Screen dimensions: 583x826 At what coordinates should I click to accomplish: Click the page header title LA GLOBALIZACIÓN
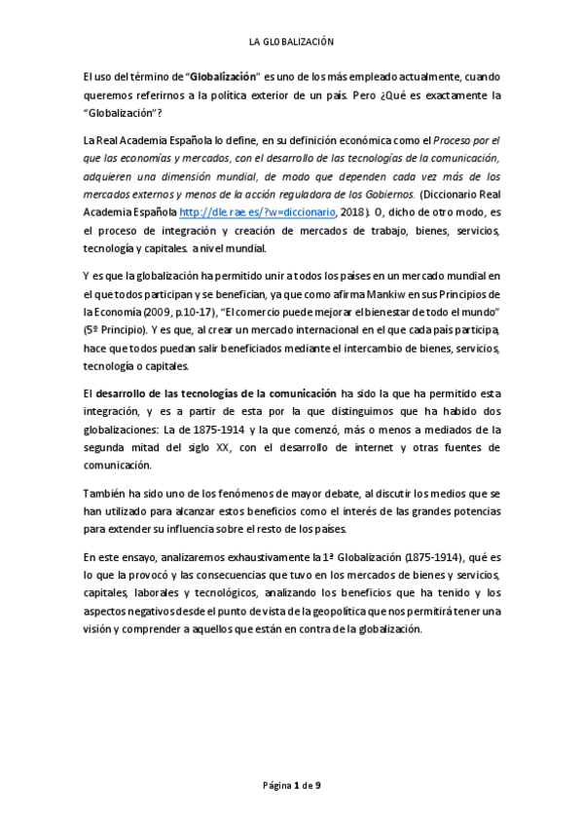click(x=291, y=42)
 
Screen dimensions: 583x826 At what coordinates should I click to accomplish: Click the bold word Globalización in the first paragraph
click(x=226, y=76)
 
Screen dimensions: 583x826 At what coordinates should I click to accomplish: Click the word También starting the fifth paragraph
click(x=104, y=495)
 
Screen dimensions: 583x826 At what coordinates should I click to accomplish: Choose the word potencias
click(x=473, y=512)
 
